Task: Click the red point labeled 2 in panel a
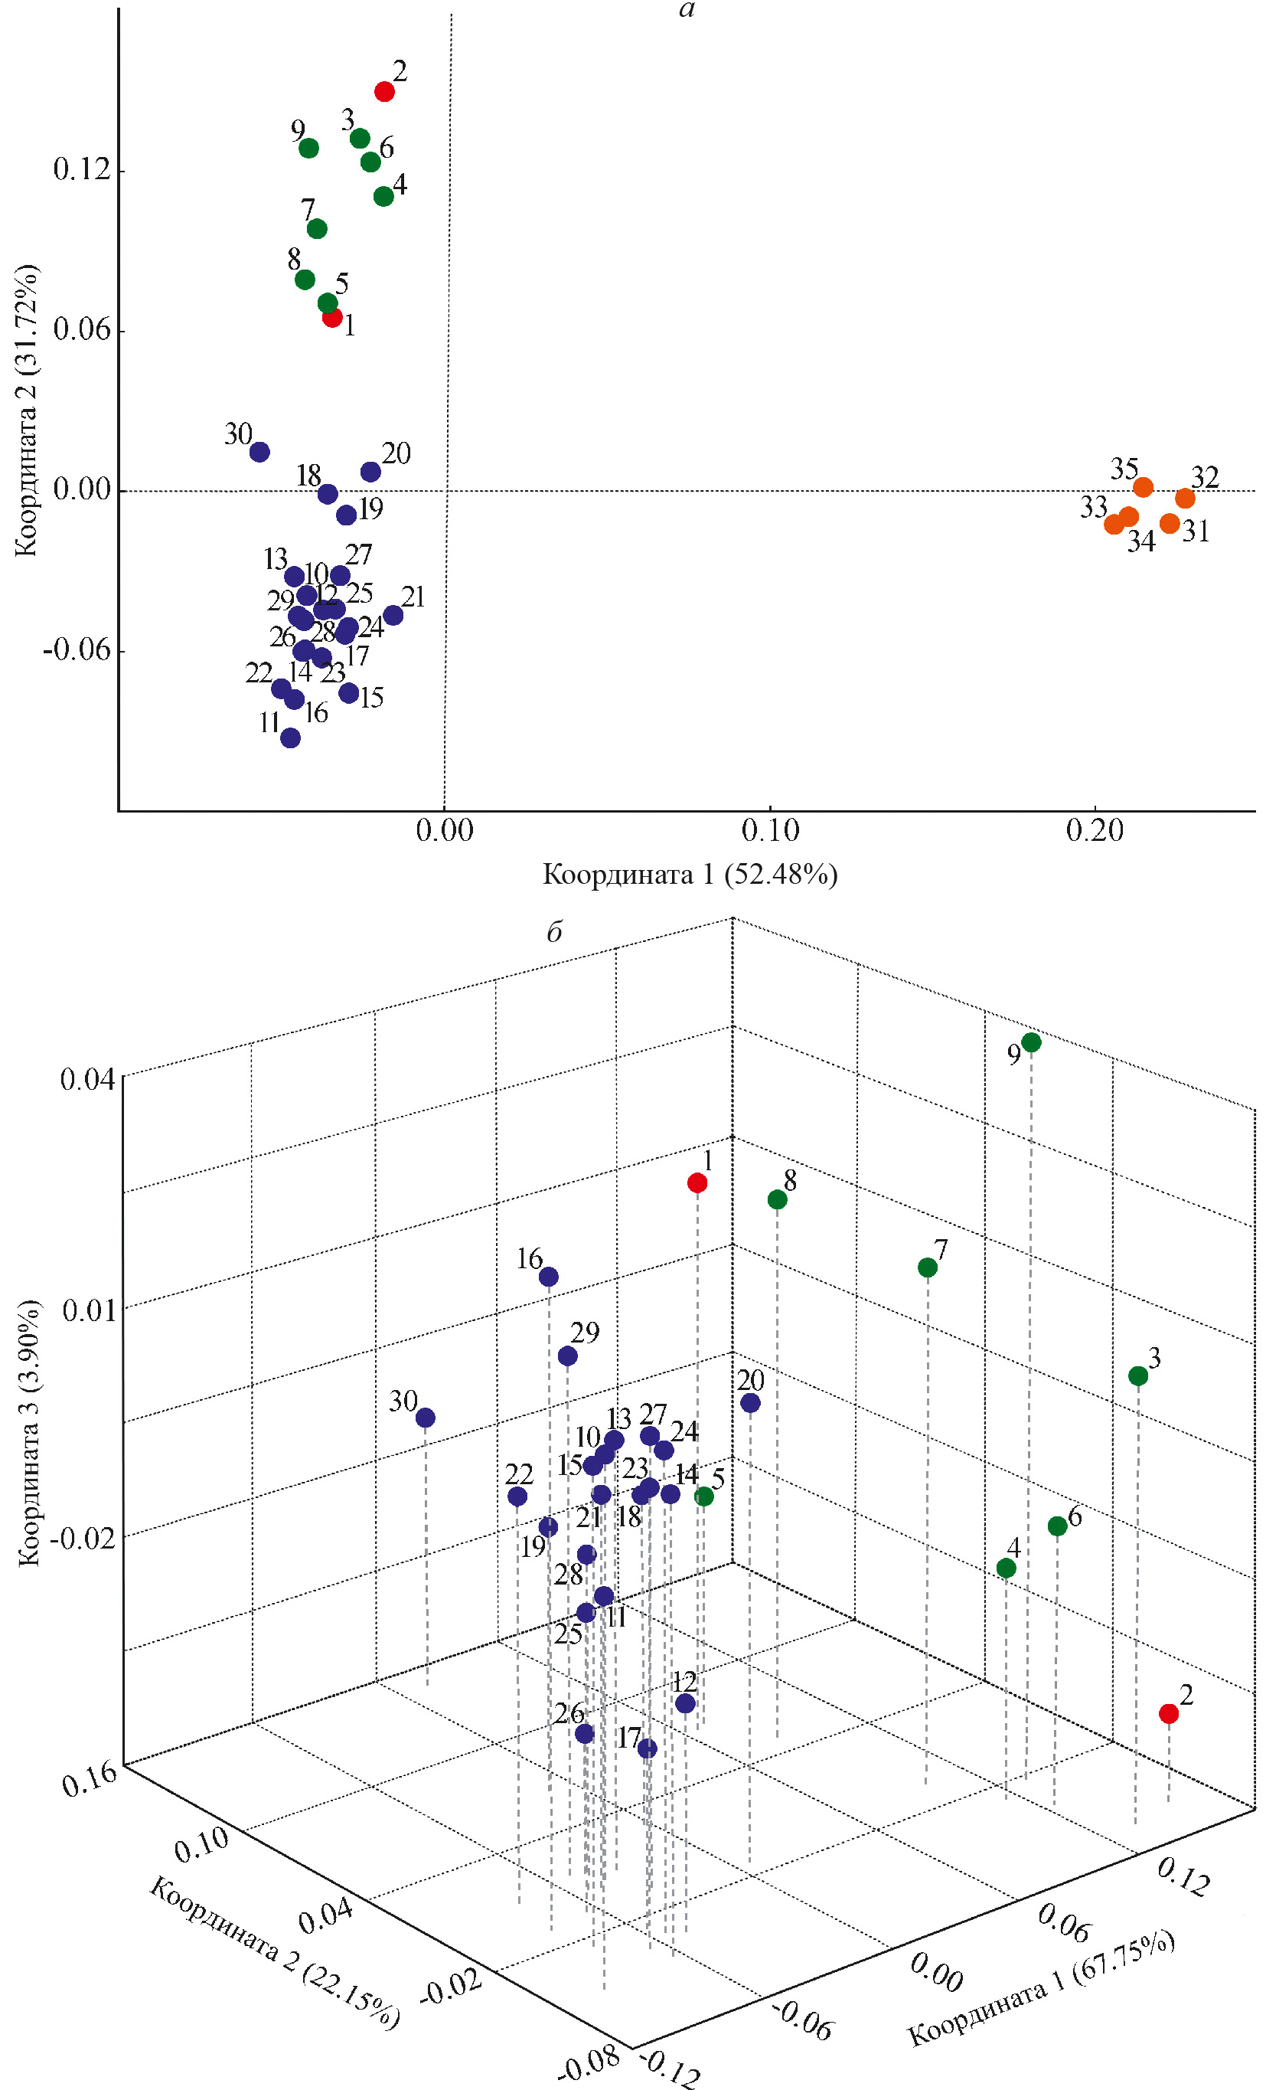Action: pos(384,92)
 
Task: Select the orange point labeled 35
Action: pos(1143,488)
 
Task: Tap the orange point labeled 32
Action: pos(1185,498)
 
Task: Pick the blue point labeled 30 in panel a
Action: pos(259,452)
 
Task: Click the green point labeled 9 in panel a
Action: pos(308,149)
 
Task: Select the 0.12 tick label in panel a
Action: pos(82,170)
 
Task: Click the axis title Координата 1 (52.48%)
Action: pos(690,875)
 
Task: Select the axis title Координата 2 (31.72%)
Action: pos(27,411)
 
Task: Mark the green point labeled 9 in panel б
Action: pos(1031,1042)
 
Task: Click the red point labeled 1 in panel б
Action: pos(697,1183)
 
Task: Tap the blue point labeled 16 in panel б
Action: pos(549,1277)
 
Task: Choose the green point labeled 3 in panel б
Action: pos(1138,1375)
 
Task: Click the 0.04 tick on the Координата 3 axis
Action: pos(87,1081)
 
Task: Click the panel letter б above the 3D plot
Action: pos(553,933)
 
